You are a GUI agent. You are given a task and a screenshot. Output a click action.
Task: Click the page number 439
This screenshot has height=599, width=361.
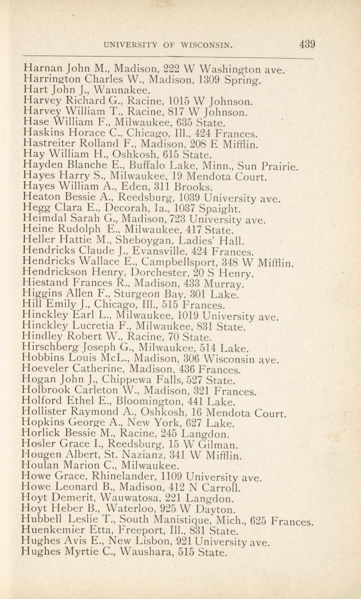point(306,45)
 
